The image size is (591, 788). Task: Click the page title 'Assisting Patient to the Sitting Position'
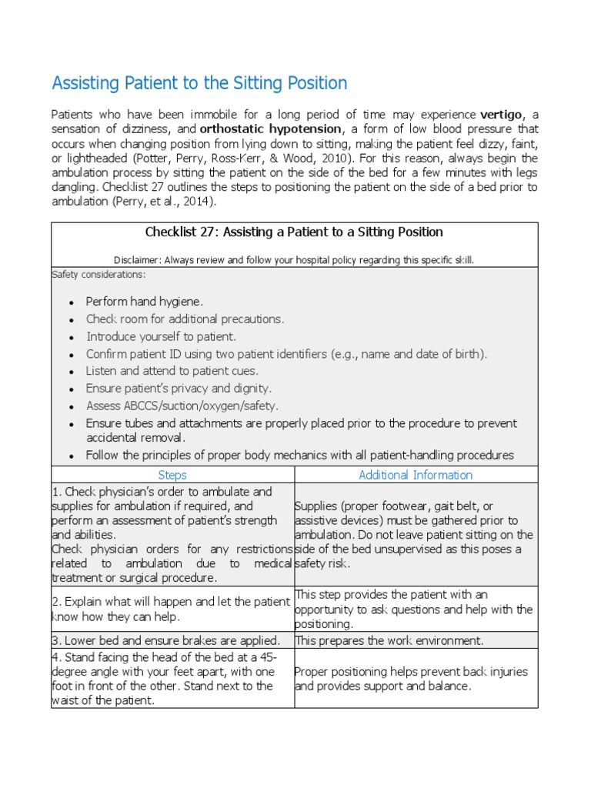(x=199, y=83)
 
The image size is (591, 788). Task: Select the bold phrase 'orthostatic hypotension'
(x=271, y=129)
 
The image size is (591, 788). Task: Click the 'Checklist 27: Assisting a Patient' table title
(x=294, y=232)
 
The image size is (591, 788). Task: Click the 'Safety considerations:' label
(x=98, y=274)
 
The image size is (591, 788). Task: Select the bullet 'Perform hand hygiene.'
(x=145, y=301)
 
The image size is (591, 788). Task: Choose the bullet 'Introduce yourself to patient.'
(x=161, y=336)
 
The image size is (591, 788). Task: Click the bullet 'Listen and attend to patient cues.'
(x=172, y=371)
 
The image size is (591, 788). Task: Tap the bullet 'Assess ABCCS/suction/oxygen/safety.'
(x=182, y=406)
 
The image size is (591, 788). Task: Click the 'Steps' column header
(x=172, y=475)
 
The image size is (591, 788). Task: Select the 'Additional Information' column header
(x=416, y=475)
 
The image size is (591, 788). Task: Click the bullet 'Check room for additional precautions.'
(x=185, y=319)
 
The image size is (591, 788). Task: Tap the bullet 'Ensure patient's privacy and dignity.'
(x=179, y=389)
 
